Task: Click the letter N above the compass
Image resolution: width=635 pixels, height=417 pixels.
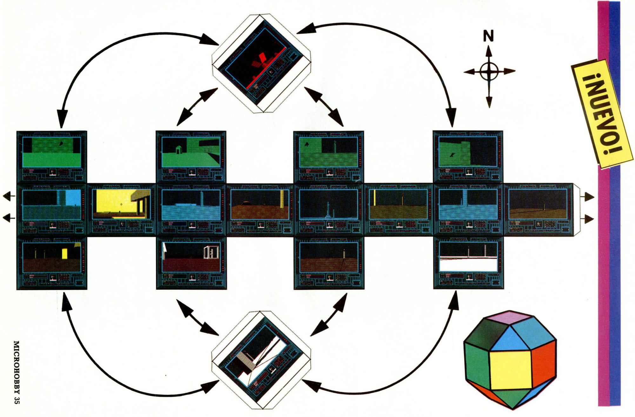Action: click(488, 36)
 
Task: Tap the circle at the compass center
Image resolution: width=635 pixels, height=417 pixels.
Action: click(489, 72)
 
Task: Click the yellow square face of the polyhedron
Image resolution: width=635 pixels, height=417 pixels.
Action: click(511, 370)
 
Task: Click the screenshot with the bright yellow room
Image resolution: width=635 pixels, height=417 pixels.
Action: click(121, 204)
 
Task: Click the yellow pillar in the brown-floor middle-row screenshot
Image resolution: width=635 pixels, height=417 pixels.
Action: click(281, 199)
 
